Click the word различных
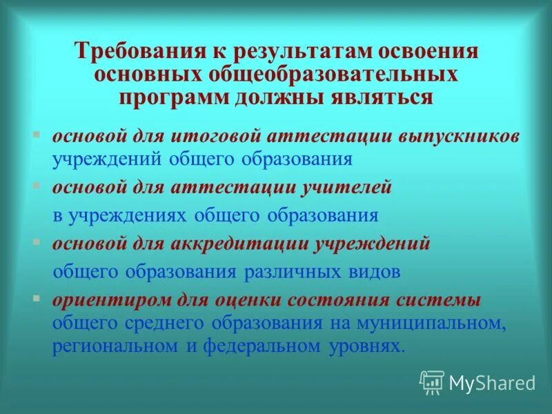[x=302, y=270]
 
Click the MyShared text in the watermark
[x=491, y=382]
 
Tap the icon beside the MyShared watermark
[x=432, y=382]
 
